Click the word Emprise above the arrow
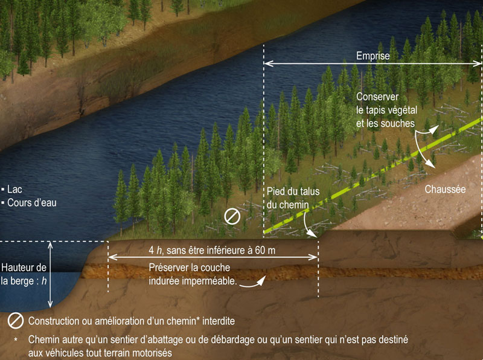pyautogui.click(x=372, y=56)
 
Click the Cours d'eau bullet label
pyautogui.click(x=31, y=203)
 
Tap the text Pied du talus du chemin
pyautogui.click(x=288, y=199)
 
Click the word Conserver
pyautogui.click(x=374, y=97)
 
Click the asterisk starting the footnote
pyautogui.click(x=16, y=339)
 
